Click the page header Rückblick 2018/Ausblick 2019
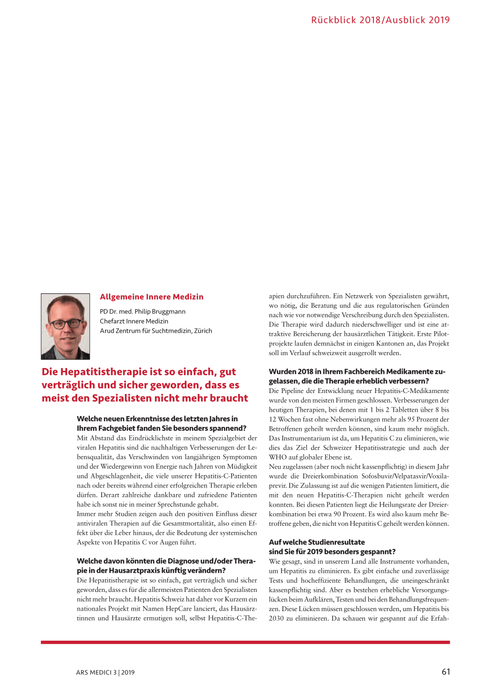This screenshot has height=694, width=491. (x=380, y=20)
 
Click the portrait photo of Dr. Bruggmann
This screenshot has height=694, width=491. (x=65, y=326)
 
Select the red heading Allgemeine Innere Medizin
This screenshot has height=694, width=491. (x=152, y=297)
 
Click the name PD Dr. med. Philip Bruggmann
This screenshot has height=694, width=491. (x=142, y=312)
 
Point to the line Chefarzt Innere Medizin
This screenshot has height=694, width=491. (x=134, y=321)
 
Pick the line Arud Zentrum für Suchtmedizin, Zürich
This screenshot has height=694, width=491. (x=156, y=331)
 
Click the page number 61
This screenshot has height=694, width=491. (x=445, y=672)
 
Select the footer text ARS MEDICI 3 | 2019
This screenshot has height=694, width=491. (x=105, y=672)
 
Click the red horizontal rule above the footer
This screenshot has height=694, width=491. (x=245, y=642)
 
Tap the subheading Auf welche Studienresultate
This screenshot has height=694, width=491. (x=316, y=542)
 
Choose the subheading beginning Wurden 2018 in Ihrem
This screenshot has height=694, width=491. (x=357, y=371)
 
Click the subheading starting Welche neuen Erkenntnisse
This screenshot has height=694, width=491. (x=157, y=419)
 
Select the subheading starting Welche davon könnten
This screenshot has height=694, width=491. (x=166, y=561)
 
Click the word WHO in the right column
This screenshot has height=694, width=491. (x=277, y=457)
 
